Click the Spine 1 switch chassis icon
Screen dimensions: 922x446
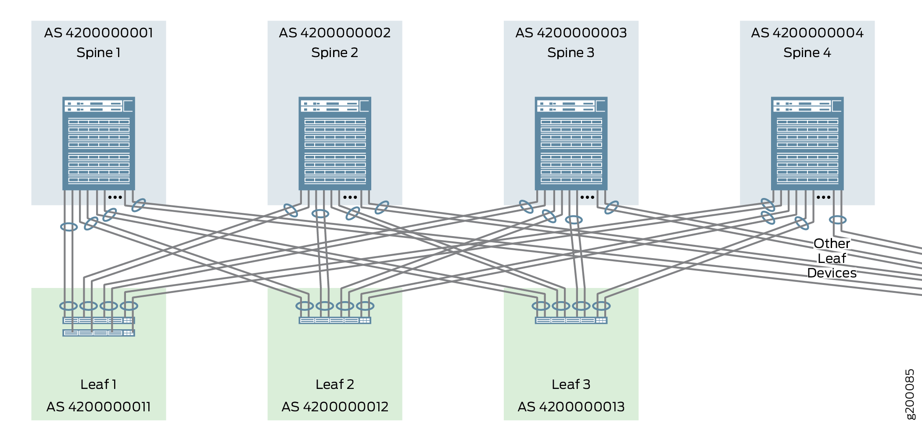[x=99, y=144]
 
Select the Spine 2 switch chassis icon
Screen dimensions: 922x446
[x=335, y=144]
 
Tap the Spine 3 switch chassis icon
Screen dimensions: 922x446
[x=571, y=144]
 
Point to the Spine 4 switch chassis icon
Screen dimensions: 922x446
[x=807, y=144]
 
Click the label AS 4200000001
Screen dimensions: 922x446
[x=99, y=33]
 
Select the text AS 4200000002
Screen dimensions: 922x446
[x=335, y=33]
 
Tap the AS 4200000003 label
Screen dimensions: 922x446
[x=571, y=33]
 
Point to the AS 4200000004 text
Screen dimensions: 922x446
[x=807, y=33]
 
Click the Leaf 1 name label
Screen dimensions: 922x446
[x=99, y=385]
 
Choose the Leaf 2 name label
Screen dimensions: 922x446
[x=335, y=385]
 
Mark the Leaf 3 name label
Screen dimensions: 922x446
[x=571, y=385]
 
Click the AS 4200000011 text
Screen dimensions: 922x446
[x=99, y=407]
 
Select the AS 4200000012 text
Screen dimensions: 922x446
[x=335, y=407]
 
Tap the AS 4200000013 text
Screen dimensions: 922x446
[x=571, y=407]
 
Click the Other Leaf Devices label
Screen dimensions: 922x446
[x=832, y=258]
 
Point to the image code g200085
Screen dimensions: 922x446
[x=910, y=394]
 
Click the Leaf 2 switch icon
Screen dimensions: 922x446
[x=335, y=320]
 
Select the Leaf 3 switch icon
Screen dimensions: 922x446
[x=571, y=320]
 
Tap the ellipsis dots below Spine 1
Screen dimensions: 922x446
[x=115, y=197]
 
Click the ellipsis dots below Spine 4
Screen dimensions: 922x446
[x=823, y=197]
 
